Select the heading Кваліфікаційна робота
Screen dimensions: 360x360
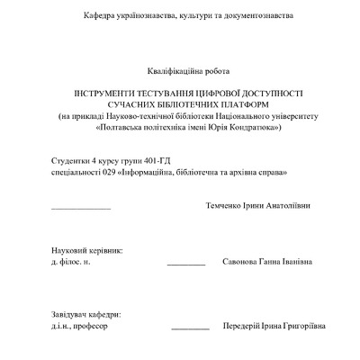click(x=187, y=70)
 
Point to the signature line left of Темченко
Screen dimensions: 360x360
click(x=81, y=209)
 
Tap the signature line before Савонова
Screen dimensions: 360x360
click(x=186, y=265)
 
